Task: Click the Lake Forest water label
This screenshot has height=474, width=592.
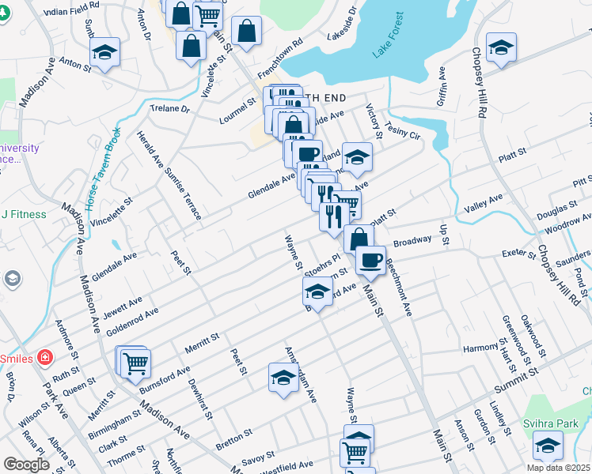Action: (x=389, y=36)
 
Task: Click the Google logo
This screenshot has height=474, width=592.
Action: (x=26, y=465)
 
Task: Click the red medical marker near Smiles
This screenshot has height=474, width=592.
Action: (x=46, y=358)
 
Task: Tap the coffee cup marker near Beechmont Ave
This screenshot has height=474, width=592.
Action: (x=370, y=260)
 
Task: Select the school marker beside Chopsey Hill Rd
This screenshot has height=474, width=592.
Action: (x=501, y=47)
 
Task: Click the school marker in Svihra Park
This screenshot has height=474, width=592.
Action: (x=548, y=444)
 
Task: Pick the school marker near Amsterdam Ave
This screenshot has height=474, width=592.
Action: (x=283, y=376)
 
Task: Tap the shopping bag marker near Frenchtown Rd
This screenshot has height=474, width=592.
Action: (x=247, y=32)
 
